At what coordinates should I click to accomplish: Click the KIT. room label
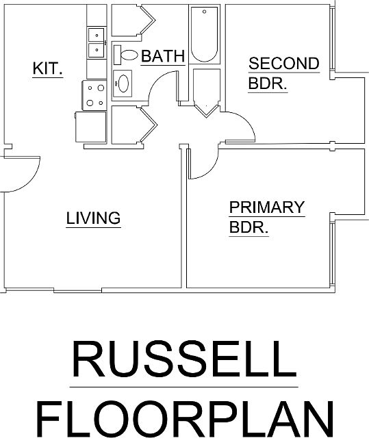pyautogui.click(x=48, y=68)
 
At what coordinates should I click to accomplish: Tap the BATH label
pyautogui.click(x=163, y=56)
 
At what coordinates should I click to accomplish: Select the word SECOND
pyautogui.click(x=283, y=63)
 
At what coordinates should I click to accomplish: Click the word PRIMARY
pyautogui.click(x=267, y=207)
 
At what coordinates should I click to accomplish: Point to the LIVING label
pyautogui.click(x=94, y=218)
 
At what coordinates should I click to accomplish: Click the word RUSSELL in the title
pyautogui.click(x=184, y=359)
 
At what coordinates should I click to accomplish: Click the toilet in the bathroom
pyautogui.click(x=126, y=55)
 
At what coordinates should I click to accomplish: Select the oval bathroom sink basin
pyautogui.click(x=123, y=84)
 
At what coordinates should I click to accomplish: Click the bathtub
pyautogui.click(x=204, y=34)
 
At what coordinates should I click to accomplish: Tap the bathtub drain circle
pyautogui.click(x=205, y=12)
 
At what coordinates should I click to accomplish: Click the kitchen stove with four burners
pyautogui.click(x=94, y=95)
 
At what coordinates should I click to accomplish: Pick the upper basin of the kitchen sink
pyautogui.click(x=96, y=35)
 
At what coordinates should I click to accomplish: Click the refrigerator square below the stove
pyautogui.click(x=90, y=127)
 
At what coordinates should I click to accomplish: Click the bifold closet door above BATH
pyautogui.click(x=149, y=20)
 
